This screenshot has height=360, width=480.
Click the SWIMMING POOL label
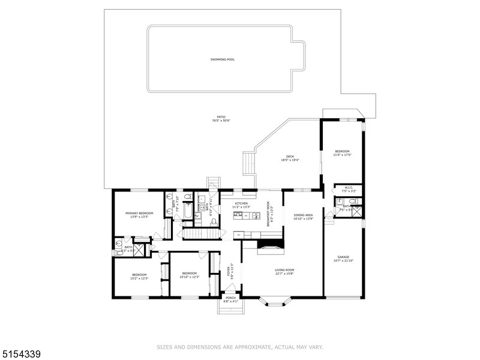(x=222, y=59)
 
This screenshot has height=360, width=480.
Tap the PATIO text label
(x=221, y=116)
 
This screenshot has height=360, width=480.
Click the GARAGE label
(x=343, y=257)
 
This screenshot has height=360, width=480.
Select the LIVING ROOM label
(x=284, y=270)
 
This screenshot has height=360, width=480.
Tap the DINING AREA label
(x=303, y=215)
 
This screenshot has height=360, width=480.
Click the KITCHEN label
(x=241, y=203)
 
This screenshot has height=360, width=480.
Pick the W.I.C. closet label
(x=348, y=188)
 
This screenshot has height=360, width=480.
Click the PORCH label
(x=230, y=299)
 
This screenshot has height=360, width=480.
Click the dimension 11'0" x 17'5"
(x=342, y=155)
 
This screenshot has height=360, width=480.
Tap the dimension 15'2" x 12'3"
(x=139, y=278)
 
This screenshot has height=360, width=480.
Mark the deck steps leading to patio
(x=248, y=162)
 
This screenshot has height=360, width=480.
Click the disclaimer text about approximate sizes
(x=240, y=347)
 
